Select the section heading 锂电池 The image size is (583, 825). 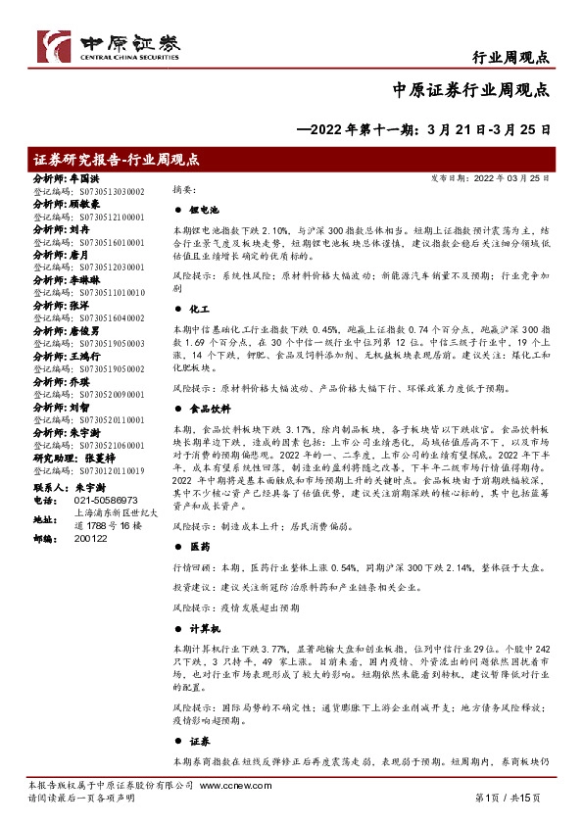coord(204,211)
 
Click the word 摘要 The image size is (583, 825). coord(183,188)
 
